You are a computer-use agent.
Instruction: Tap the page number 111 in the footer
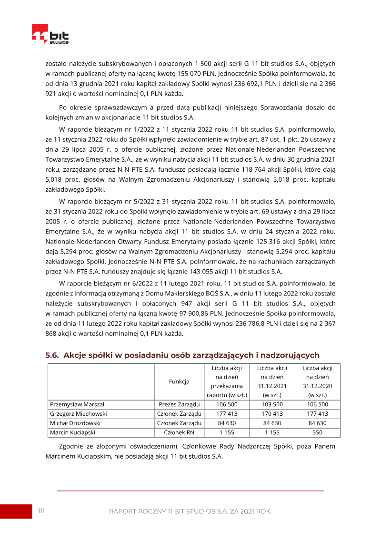pyautogui.click(x=41, y=511)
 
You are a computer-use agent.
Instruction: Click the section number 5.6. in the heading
pyautogui.click(x=52, y=355)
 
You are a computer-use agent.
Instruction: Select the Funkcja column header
pyautogui.click(x=179, y=381)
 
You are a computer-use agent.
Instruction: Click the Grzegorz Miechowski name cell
pyautogui.click(x=79, y=414)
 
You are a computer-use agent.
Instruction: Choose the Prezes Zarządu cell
pyautogui.click(x=179, y=404)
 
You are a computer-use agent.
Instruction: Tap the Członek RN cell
pyautogui.click(x=179, y=433)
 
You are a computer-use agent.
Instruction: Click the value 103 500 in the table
pyautogui.click(x=272, y=404)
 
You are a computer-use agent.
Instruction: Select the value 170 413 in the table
pyautogui.click(x=272, y=414)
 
